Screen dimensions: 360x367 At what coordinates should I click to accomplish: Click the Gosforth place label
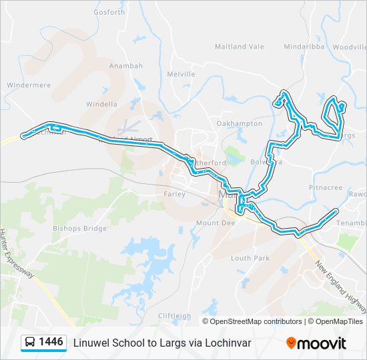pyautogui.click(x=109, y=12)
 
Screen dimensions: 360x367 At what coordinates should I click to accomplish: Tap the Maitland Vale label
pyautogui.click(x=239, y=47)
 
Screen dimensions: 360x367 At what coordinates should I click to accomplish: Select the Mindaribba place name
pyautogui.click(x=303, y=47)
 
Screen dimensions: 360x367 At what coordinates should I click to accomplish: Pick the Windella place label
pyautogui.click(x=101, y=104)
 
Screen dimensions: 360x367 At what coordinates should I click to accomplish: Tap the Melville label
pyautogui.click(x=180, y=74)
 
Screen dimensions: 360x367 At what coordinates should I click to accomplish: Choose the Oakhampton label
pyautogui.click(x=239, y=123)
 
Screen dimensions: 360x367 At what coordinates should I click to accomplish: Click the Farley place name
pyautogui.click(x=174, y=193)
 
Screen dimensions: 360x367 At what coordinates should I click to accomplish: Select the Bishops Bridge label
pyautogui.click(x=79, y=228)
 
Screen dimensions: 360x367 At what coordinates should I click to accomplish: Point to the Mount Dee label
pyautogui.click(x=212, y=223)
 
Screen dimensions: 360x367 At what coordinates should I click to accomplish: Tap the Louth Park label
pyautogui.click(x=250, y=257)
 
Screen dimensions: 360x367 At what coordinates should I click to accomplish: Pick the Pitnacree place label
pyautogui.click(x=325, y=188)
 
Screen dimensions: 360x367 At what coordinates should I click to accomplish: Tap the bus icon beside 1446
pyautogui.click(x=30, y=343)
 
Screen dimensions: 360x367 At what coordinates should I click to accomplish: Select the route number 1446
pyautogui.click(x=51, y=343)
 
